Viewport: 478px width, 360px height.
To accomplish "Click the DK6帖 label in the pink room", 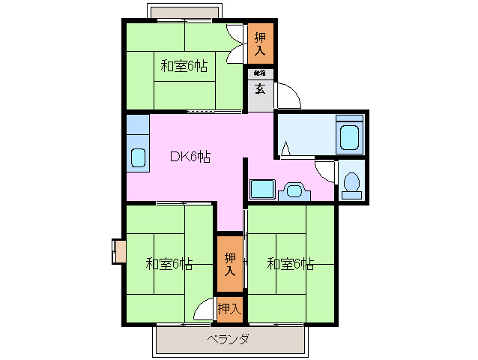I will tap(190, 157).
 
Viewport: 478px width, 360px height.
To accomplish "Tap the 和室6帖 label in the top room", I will tap(184, 66).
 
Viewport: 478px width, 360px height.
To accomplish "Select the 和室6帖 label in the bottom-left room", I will tap(169, 264).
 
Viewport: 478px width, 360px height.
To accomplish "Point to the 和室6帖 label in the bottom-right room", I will tap(290, 264).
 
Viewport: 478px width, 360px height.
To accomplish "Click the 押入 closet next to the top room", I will tap(260, 44).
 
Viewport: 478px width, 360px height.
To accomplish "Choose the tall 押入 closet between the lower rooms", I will tap(230, 264).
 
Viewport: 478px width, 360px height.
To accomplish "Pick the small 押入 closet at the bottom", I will tap(229, 308).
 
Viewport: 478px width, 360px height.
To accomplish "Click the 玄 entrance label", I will tap(260, 89).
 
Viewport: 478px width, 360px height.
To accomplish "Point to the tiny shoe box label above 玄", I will tap(260, 73).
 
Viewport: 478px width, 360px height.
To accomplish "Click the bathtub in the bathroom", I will tap(350, 137).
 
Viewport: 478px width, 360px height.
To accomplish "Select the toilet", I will tap(351, 183).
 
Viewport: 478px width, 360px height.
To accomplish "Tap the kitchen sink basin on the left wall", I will tap(138, 158).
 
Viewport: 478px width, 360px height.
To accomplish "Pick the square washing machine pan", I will tap(262, 189).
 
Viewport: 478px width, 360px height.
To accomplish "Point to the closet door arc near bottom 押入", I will tap(204, 309).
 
